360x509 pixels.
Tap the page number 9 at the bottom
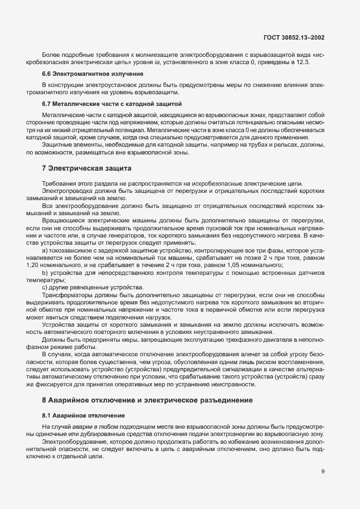click(x=323, y=472)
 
